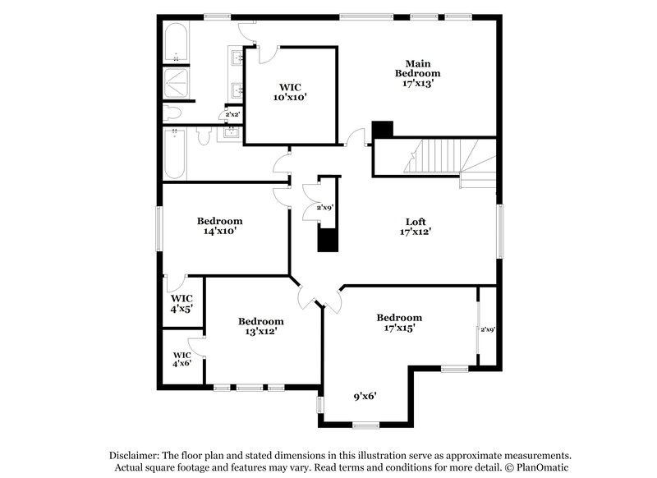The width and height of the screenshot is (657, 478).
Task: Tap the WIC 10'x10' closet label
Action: [x=292, y=91]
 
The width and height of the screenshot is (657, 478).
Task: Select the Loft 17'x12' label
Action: [x=416, y=227]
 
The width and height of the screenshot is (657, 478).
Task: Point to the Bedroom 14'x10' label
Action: [x=220, y=226]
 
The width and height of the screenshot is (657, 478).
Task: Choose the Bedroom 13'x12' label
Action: [x=260, y=326]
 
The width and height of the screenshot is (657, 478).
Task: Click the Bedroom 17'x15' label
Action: [x=399, y=322]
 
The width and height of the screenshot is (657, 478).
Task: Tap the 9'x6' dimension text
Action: [x=365, y=396]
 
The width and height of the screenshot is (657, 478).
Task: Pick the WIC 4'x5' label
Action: [x=181, y=304]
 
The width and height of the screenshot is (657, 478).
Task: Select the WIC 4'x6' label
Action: [x=181, y=358]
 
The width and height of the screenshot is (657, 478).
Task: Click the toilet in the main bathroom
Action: [x=173, y=113]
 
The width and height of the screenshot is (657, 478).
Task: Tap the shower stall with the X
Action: [x=176, y=81]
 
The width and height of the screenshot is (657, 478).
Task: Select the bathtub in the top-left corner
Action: [x=177, y=41]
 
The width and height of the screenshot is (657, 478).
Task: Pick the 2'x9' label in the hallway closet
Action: [x=324, y=208]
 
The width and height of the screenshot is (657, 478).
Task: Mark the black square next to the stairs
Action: [x=383, y=130]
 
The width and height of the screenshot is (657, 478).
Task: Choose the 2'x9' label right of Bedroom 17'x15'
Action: [x=488, y=329]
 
